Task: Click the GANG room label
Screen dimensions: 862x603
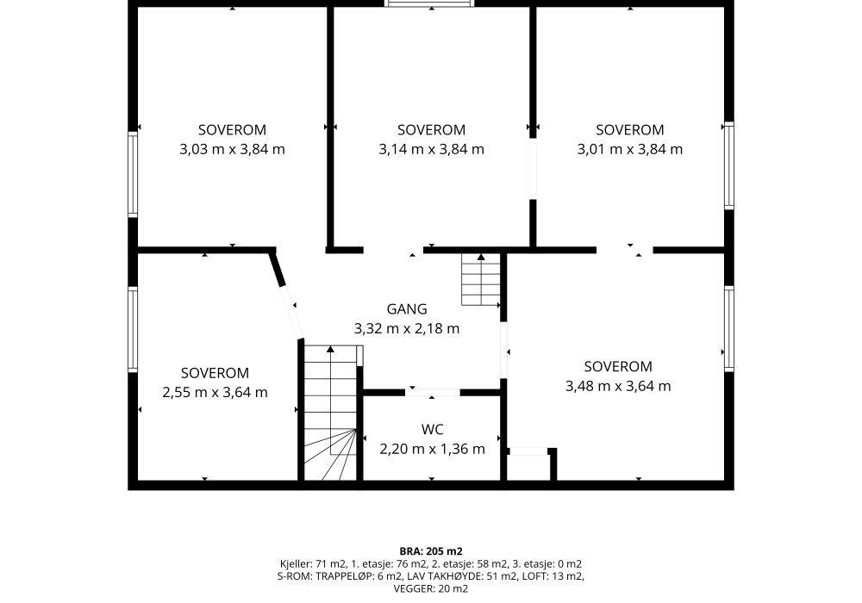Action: coord(407,309)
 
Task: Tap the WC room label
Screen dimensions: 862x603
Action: coord(432,430)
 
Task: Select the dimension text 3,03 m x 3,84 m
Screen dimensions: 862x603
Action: coord(232,149)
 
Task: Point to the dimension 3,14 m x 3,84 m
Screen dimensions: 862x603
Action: coord(432,149)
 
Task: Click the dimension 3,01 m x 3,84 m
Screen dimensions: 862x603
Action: coord(630,149)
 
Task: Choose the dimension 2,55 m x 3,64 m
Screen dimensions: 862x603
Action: coord(215,393)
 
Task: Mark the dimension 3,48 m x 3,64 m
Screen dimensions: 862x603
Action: coord(618,386)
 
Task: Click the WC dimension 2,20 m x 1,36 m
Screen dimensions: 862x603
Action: coord(432,449)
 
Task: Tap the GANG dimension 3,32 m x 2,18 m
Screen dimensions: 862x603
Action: coord(407,329)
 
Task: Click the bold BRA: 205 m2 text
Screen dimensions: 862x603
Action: coord(431,551)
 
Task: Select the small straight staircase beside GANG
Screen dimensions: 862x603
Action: coord(481,279)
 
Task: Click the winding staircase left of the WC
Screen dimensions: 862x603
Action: coord(330,412)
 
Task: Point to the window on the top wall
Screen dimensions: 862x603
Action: coord(429,3)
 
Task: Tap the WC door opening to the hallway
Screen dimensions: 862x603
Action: coord(432,392)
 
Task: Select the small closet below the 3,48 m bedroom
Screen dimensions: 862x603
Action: coord(528,465)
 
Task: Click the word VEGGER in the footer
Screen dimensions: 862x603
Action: coord(414,589)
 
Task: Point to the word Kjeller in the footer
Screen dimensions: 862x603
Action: coord(297,564)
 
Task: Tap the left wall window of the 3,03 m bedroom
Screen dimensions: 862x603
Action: coord(133,173)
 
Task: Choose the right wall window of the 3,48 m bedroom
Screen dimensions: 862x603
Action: coord(729,329)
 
